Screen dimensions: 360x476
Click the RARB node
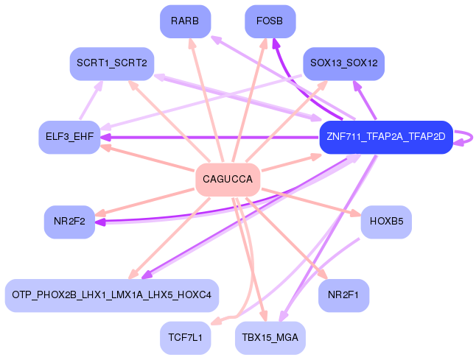tap(185, 21)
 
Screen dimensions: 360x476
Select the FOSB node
tap(270, 21)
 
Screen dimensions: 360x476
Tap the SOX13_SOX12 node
tap(343, 64)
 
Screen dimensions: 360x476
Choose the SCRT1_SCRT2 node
tap(111, 64)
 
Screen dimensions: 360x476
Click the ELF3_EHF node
tap(69, 138)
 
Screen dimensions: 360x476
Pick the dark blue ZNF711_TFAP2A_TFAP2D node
tap(385, 137)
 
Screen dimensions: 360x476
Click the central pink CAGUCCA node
tap(228, 180)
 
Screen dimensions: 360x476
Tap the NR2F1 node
tap(343, 295)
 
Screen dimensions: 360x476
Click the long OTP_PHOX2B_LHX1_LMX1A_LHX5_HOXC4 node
tap(111, 295)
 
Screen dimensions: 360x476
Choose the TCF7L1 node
tap(185, 338)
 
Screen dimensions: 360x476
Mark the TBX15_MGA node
tap(270, 338)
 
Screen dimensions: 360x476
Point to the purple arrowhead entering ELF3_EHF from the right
tap(107, 137)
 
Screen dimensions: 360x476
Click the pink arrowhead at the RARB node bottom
tap(192, 43)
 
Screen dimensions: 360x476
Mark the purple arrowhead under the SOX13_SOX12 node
tap(357, 85)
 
